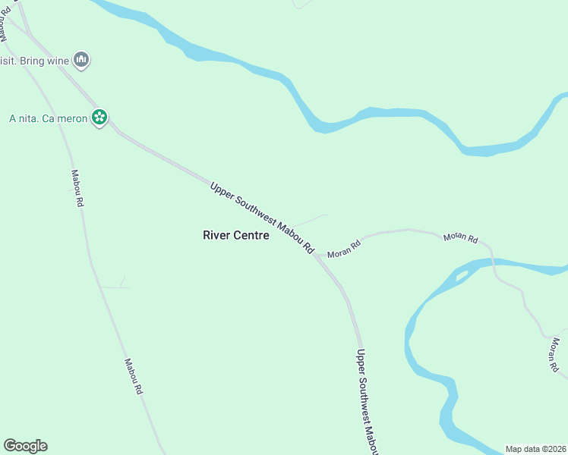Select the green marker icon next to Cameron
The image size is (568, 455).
click(99, 118)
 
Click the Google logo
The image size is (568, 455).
click(25, 446)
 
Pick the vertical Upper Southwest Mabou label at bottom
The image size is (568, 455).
click(367, 402)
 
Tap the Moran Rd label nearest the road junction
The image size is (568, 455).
click(344, 248)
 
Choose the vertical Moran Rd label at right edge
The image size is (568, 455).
click(557, 356)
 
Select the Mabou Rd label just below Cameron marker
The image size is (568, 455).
click(77, 188)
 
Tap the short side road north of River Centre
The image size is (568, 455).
click(310, 221)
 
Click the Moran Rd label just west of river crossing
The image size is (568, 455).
click(460, 238)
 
